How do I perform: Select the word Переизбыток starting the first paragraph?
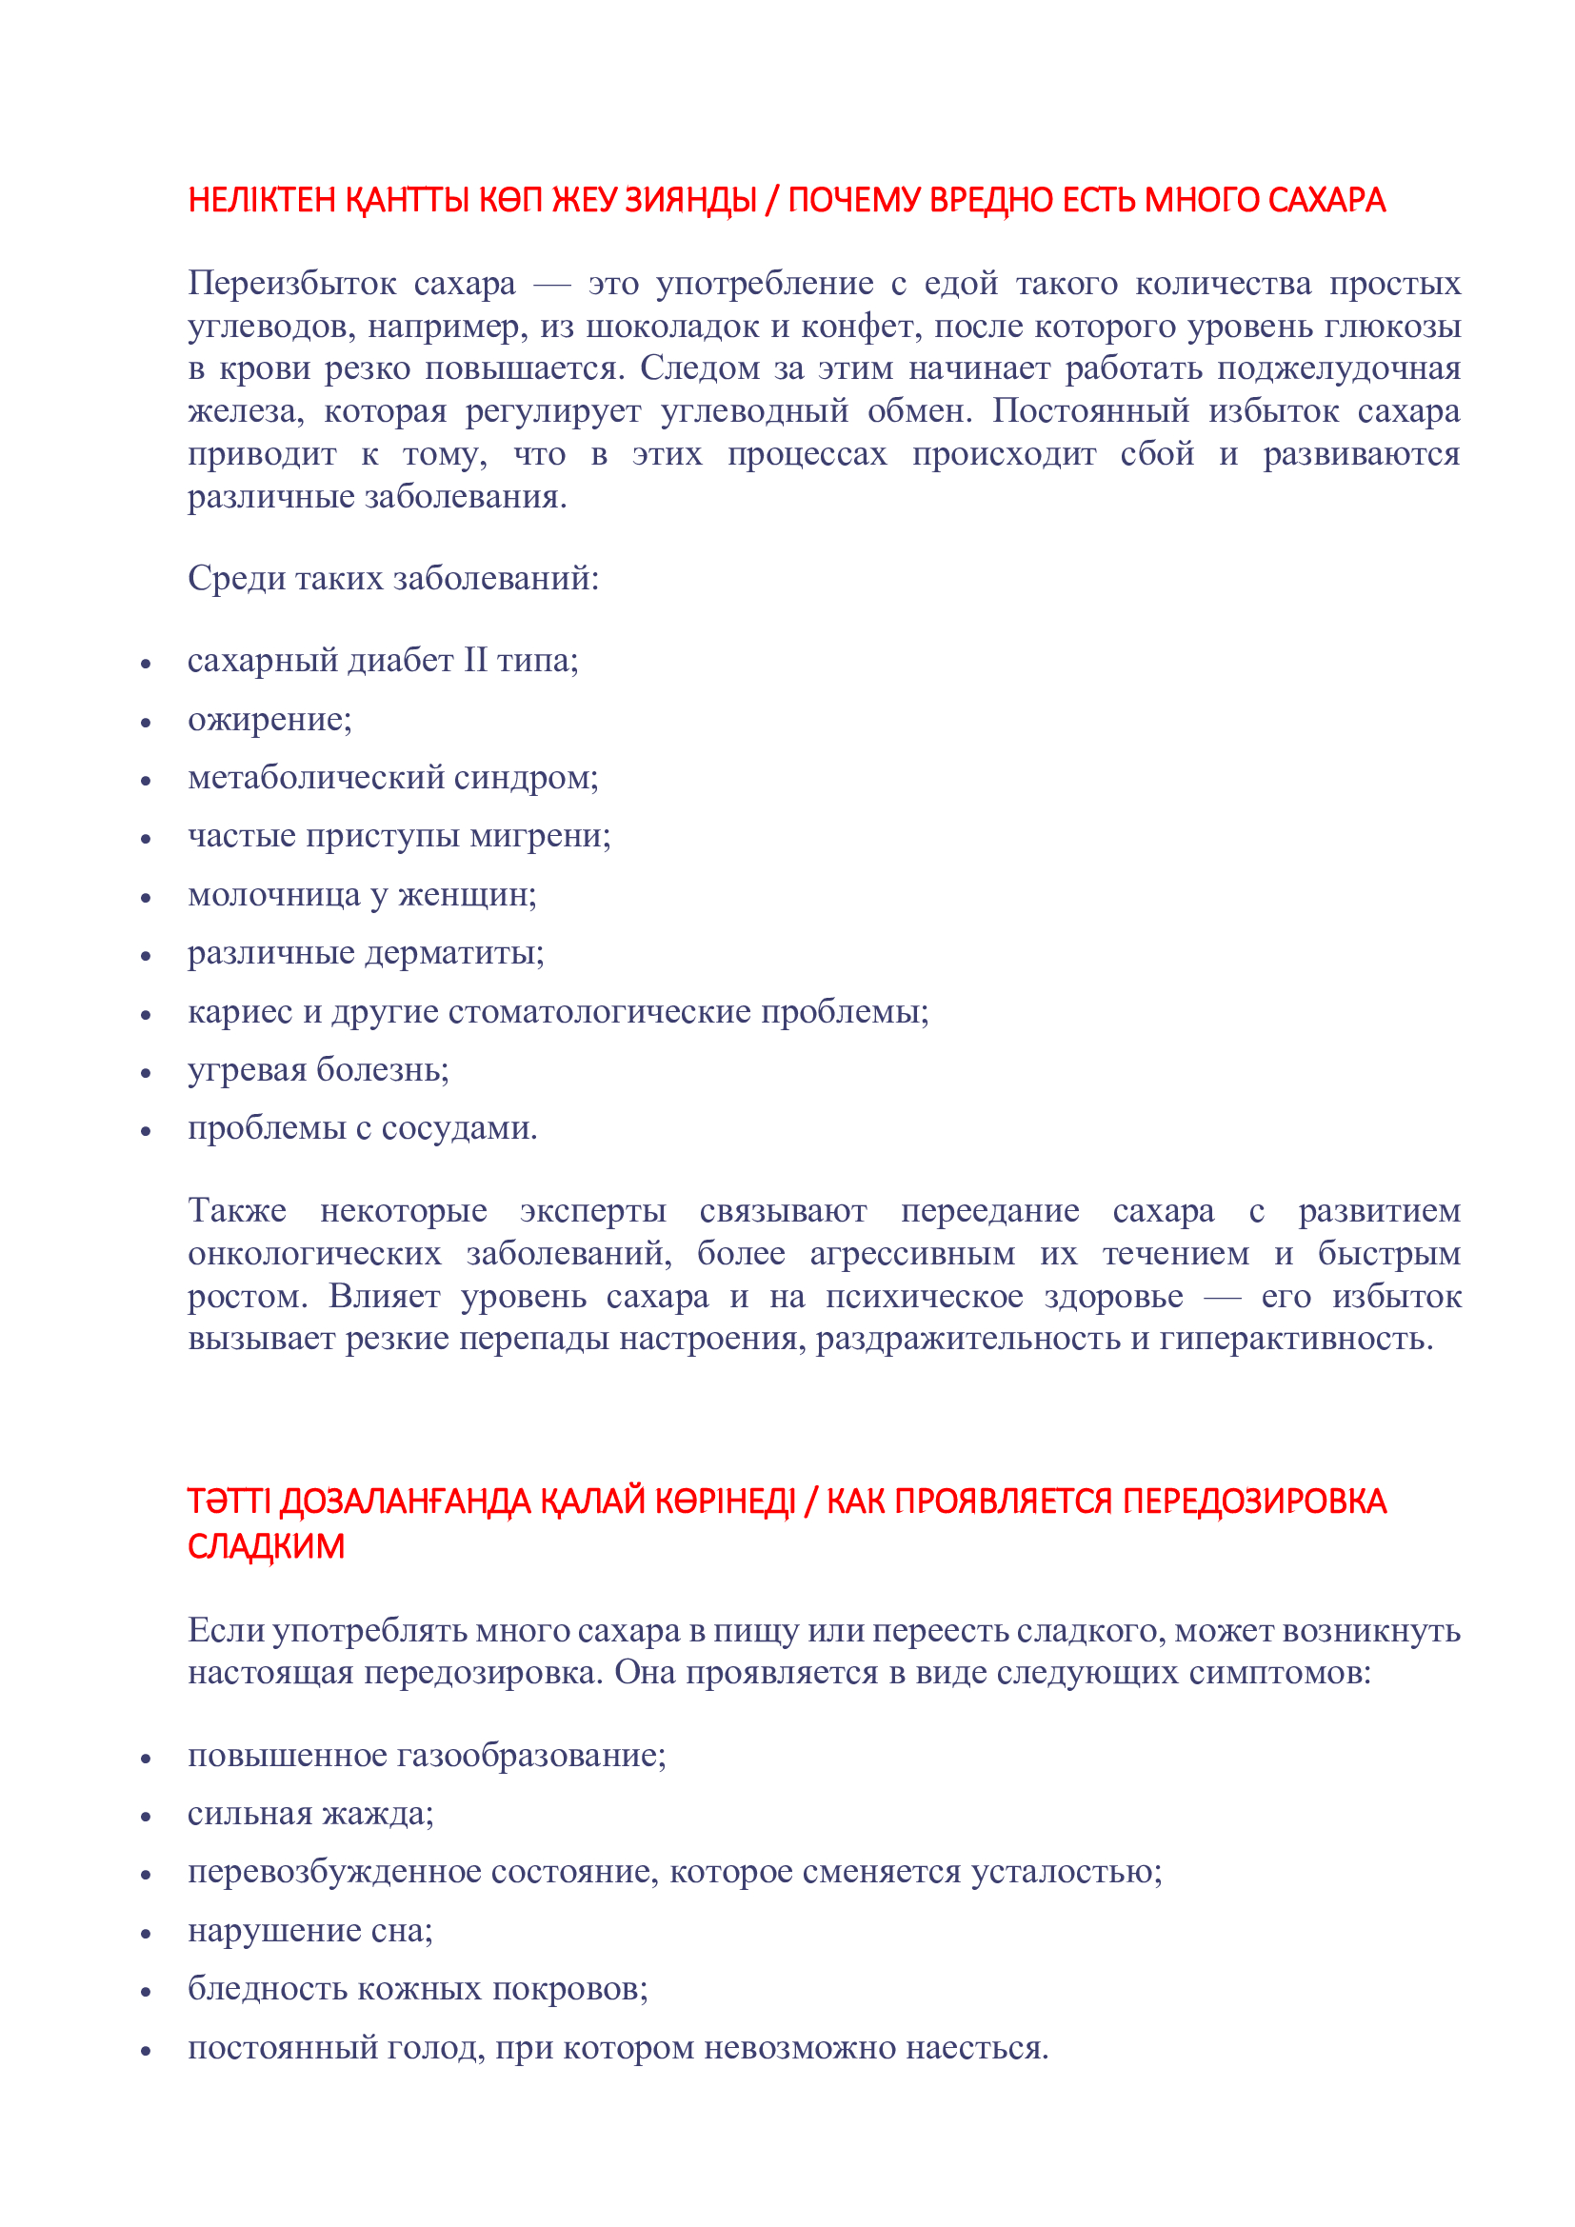click(x=292, y=283)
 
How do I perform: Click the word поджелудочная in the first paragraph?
click(x=1338, y=368)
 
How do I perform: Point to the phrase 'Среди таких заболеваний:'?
click(x=392, y=579)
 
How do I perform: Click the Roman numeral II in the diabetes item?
click(x=475, y=661)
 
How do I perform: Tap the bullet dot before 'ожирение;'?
click(x=146, y=724)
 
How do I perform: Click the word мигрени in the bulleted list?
click(x=539, y=836)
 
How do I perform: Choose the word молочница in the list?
click(x=273, y=894)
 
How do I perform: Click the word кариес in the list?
click(x=240, y=1012)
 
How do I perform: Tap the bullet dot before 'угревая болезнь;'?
click(x=146, y=1074)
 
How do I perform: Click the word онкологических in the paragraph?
click(x=314, y=1253)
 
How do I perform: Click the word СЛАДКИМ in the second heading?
click(x=266, y=1546)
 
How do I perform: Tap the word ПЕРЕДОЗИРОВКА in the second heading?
click(x=1254, y=1501)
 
